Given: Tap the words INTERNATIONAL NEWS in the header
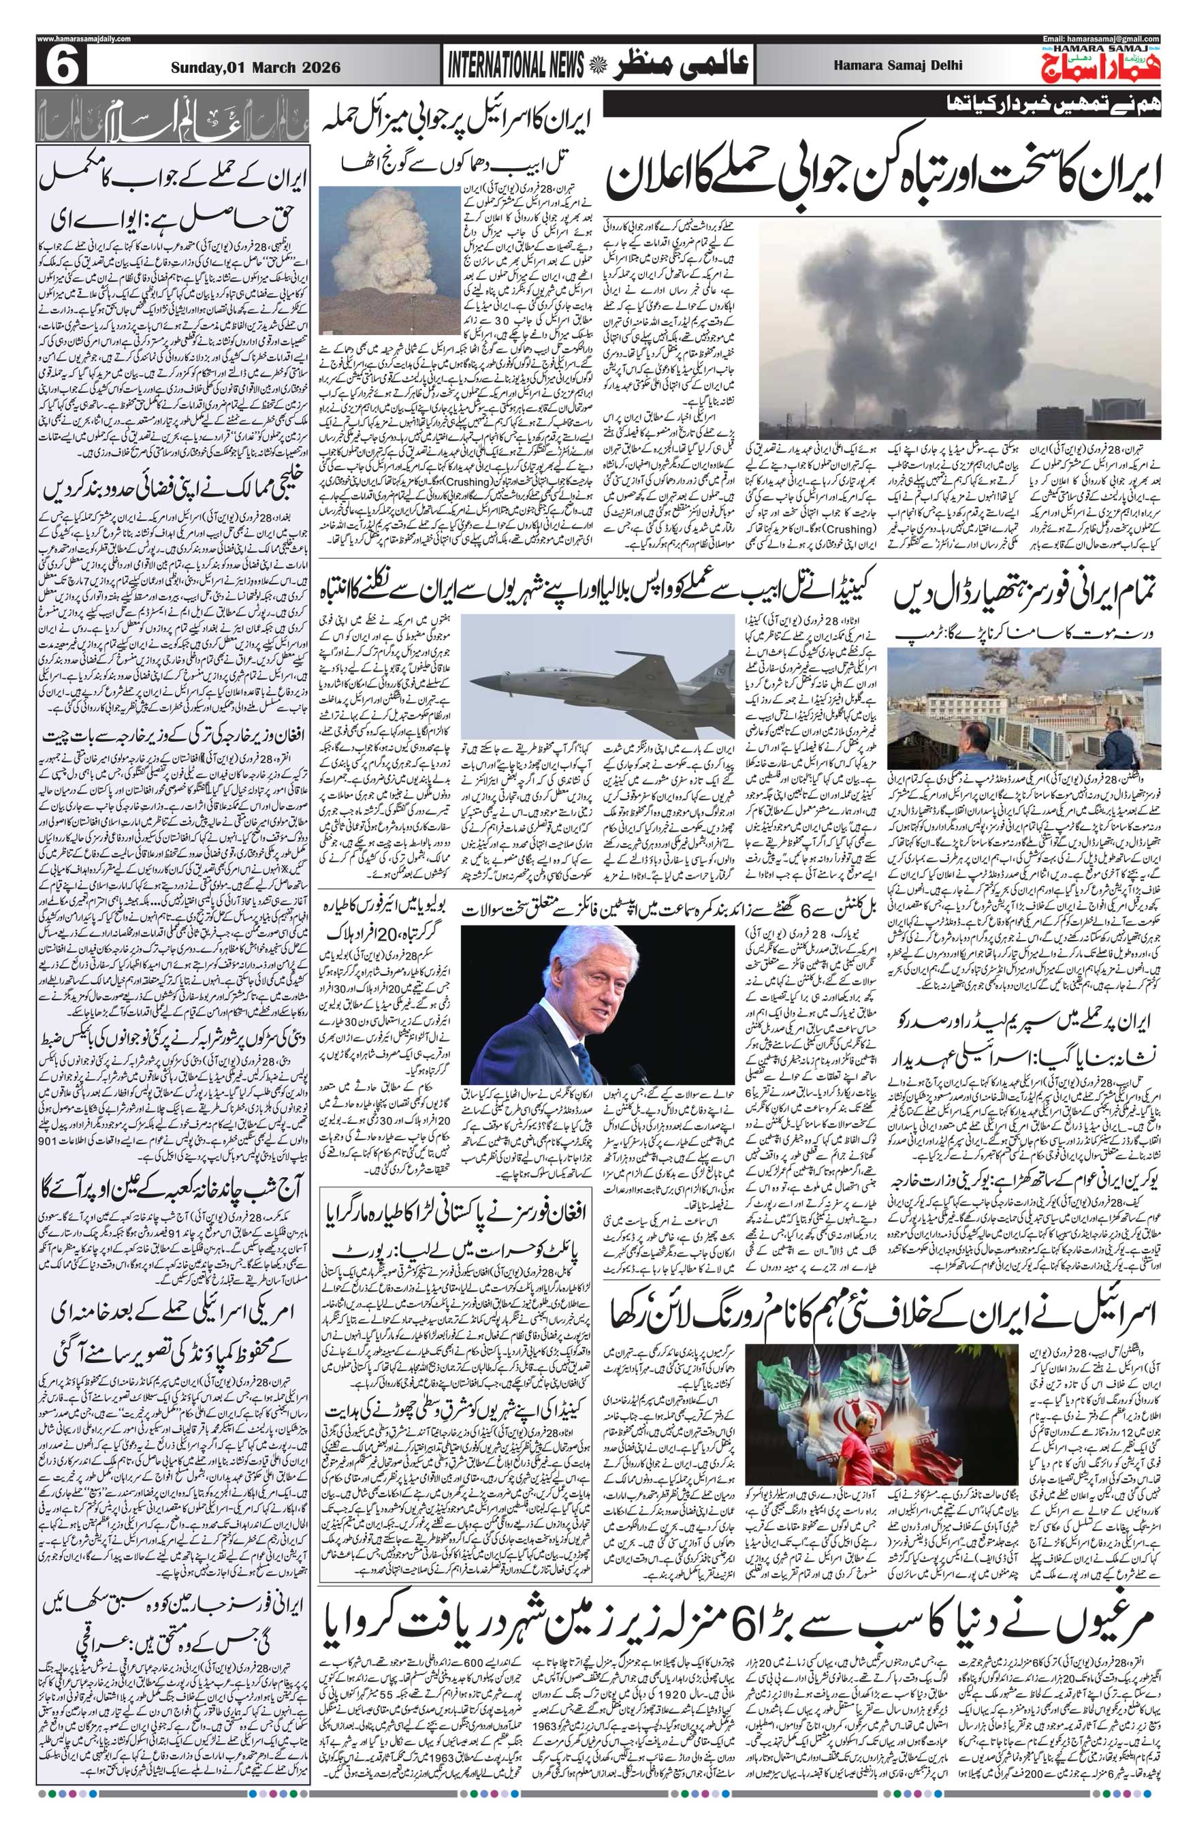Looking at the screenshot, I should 515,67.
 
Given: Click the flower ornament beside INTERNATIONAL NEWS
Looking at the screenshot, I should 595,67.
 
